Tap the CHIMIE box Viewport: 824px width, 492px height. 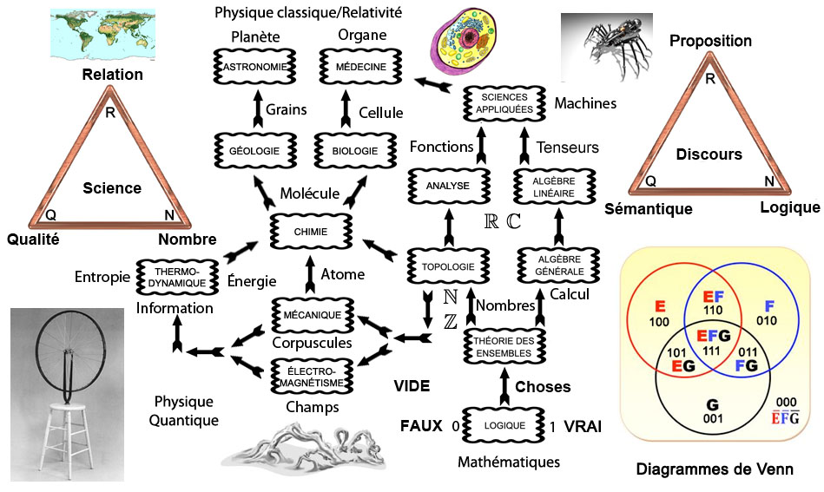(309, 232)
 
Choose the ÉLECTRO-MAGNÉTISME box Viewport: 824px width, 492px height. (309, 377)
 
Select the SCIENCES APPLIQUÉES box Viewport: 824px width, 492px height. (503, 104)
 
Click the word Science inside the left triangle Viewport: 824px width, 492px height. (112, 188)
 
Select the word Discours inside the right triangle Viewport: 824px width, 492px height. (709, 154)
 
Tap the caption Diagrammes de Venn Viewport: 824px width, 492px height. (715, 469)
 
